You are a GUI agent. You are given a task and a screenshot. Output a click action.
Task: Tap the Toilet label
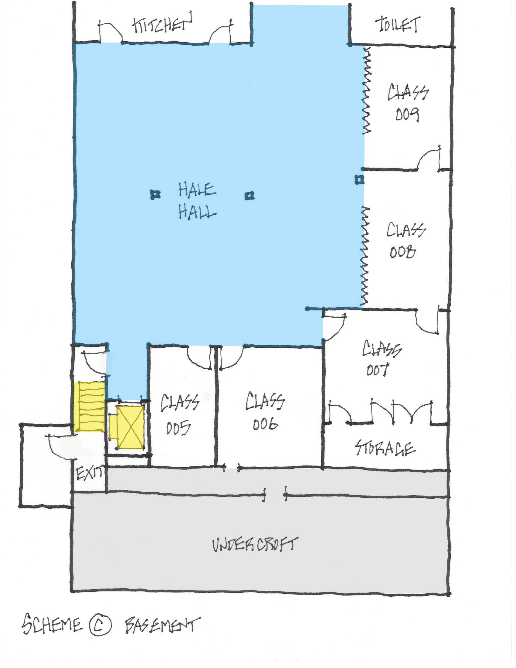click(x=398, y=24)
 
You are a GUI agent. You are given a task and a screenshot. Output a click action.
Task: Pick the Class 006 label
click(x=265, y=411)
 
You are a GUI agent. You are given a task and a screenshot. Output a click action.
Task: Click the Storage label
click(x=385, y=448)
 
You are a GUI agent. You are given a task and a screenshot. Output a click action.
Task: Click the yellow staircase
click(x=89, y=407)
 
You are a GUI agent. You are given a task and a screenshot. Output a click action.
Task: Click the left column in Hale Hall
click(x=155, y=194)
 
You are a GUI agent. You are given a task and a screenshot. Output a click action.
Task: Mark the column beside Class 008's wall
click(x=359, y=179)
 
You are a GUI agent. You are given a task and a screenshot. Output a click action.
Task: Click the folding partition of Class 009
click(x=366, y=90)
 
